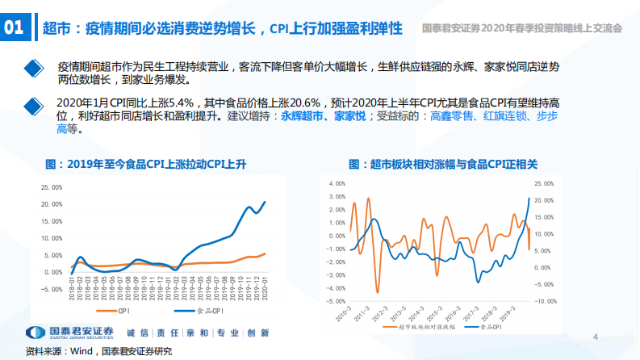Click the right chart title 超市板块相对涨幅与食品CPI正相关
tap(443, 163)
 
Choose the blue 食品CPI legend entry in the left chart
tap(194, 310)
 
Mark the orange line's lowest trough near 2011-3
tap(376, 292)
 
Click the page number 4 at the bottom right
tap(595, 337)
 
